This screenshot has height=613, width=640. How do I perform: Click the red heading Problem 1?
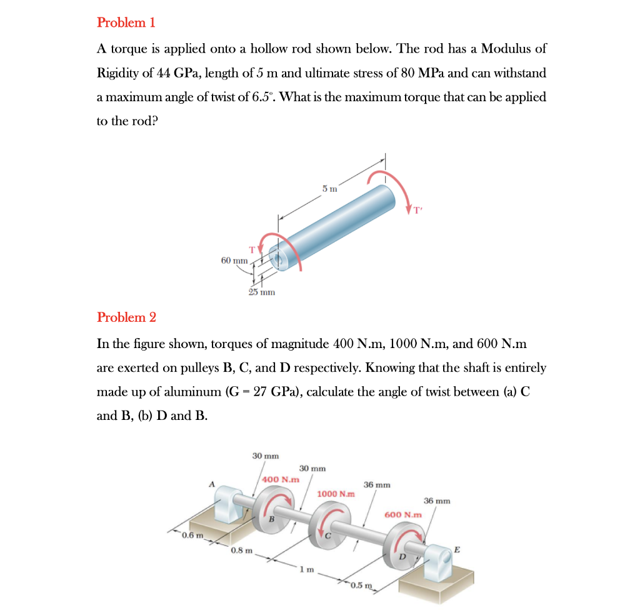126,22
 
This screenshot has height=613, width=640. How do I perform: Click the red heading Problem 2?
126,317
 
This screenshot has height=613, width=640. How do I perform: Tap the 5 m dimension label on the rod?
329,188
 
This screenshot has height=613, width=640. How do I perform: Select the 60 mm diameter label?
234,259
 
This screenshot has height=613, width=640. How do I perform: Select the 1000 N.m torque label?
336,494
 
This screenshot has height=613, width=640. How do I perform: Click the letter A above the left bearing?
212,483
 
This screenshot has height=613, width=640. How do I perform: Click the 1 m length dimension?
304,569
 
